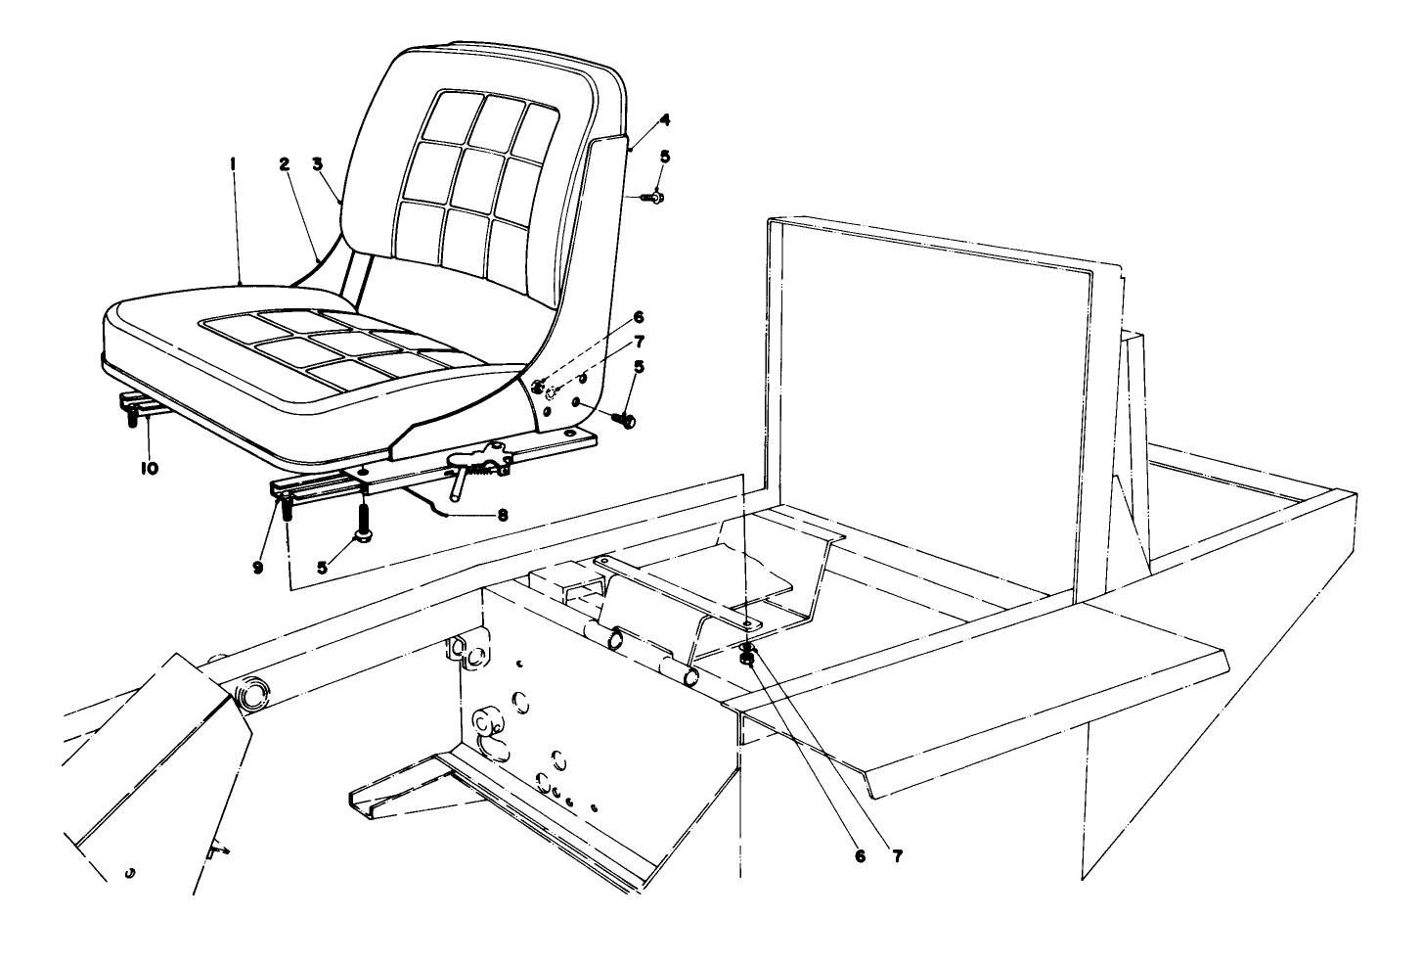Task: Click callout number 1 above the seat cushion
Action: click(x=233, y=166)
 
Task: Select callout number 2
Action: click(x=285, y=166)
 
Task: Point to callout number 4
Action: click(x=664, y=120)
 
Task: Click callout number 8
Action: click(x=503, y=514)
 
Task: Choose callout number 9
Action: click(x=258, y=567)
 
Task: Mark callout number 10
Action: click(x=149, y=469)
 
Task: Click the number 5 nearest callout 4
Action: click(x=665, y=156)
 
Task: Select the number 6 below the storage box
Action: click(x=860, y=855)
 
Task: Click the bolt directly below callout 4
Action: click(x=653, y=198)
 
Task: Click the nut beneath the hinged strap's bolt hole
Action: click(x=747, y=659)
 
